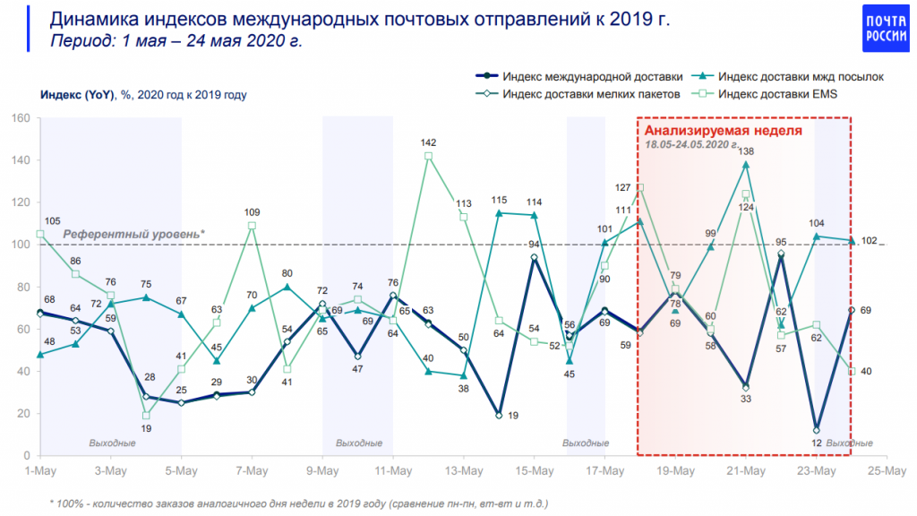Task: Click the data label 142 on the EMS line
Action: tap(428, 142)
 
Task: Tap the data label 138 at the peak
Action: tap(746, 152)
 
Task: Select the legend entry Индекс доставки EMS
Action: tap(776, 93)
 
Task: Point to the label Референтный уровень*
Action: tap(133, 234)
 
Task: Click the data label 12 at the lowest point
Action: tap(816, 443)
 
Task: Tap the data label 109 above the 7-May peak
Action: tap(252, 211)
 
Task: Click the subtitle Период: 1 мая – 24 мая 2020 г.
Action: tap(176, 41)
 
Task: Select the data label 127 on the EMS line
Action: tap(624, 188)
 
